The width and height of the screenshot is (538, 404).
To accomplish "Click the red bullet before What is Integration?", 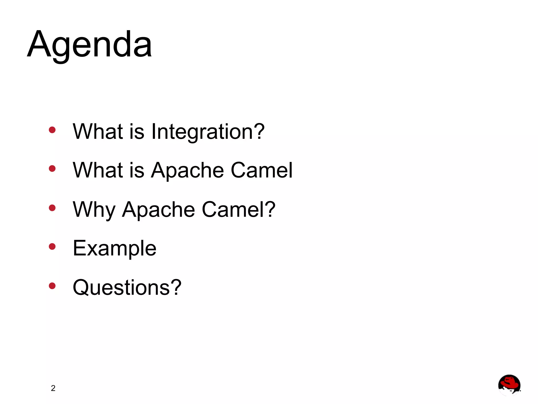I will tap(52, 130).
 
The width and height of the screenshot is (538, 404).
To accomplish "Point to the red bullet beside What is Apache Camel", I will tap(52, 168).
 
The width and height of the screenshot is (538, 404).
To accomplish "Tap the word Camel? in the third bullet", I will tap(239, 209).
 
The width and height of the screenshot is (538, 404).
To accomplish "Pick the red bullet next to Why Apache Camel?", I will tap(52, 208).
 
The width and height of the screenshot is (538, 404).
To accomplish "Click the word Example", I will tap(115, 249).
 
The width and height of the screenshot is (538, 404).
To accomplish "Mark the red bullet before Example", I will tap(52, 247).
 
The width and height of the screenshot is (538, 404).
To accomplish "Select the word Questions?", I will tap(127, 288).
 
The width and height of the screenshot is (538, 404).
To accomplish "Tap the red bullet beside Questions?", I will tap(52, 286).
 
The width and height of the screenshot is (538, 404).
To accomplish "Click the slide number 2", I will tap(53, 388).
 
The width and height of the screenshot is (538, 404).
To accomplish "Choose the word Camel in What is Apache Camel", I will tap(261, 170).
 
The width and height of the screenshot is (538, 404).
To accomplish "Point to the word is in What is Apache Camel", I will tap(137, 170).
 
